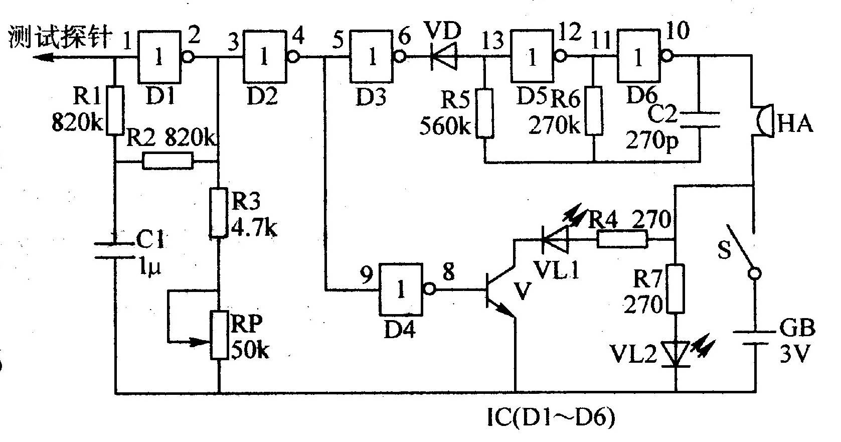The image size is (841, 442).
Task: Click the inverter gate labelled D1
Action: [x=165, y=57]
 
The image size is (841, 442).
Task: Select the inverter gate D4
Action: [x=407, y=289]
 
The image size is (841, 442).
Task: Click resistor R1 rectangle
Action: [x=114, y=110]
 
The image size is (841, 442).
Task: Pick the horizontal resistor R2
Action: [x=168, y=161]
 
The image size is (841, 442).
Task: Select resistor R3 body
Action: [x=219, y=213]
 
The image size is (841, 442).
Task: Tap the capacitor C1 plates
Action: [x=114, y=250]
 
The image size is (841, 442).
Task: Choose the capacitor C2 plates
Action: [x=700, y=119]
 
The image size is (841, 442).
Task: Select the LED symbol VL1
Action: [x=556, y=239]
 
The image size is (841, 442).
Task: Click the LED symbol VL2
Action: [x=676, y=353]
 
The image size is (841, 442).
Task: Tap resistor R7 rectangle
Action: [x=676, y=288]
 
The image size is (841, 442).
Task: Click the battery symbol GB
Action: [x=754, y=338]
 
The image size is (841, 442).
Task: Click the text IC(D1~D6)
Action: [x=551, y=417]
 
